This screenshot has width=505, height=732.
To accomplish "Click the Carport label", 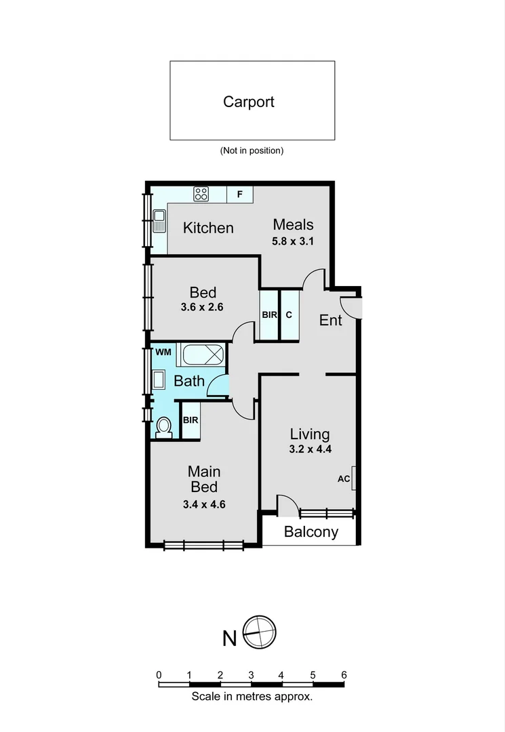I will pyautogui.click(x=249, y=102).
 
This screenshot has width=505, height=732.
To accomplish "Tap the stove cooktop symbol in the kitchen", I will pyautogui.click(x=201, y=195).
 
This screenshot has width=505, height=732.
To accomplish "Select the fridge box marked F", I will pyautogui.click(x=239, y=195).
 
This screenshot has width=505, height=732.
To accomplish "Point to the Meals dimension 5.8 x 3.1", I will pyautogui.click(x=294, y=241).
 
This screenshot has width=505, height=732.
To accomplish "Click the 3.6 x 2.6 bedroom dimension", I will pyautogui.click(x=202, y=306).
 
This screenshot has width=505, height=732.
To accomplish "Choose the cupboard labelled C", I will pyautogui.click(x=289, y=314).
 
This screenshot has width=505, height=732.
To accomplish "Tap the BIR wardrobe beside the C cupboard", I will pyautogui.click(x=269, y=314).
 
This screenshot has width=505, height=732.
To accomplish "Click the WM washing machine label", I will pyautogui.click(x=163, y=352).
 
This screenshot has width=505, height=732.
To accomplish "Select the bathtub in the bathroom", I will pyautogui.click(x=201, y=354).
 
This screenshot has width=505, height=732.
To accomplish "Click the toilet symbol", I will pyautogui.click(x=163, y=427).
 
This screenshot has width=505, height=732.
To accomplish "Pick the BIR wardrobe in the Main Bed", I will pyautogui.click(x=190, y=420).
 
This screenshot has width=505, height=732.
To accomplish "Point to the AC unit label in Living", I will pyautogui.click(x=344, y=479).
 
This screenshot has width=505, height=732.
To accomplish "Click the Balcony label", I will pyautogui.click(x=310, y=532).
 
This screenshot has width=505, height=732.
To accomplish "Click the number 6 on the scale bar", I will pyautogui.click(x=344, y=674).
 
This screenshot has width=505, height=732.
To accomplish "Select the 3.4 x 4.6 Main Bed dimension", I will pyautogui.click(x=203, y=504).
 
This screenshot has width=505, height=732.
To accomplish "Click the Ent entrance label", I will pyautogui.click(x=330, y=320).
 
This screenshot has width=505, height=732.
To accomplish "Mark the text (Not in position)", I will pyautogui.click(x=251, y=150).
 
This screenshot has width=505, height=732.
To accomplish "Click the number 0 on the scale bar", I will pyautogui.click(x=159, y=674).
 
